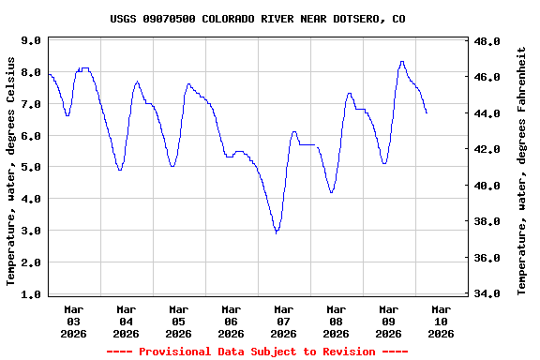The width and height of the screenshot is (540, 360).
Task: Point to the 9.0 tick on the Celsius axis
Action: [x=30, y=41]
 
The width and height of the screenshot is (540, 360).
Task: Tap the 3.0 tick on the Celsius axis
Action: [x=30, y=231]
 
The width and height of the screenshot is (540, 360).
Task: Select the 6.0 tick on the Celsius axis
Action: [x=30, y=136]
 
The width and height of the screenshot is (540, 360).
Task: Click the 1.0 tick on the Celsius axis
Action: [x=30, y=294]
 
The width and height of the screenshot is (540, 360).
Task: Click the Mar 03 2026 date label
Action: [x=74, y=321]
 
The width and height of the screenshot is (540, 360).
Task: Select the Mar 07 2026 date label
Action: [x=283, y=321]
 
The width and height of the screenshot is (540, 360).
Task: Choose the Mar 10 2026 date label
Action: [x=441, y=321]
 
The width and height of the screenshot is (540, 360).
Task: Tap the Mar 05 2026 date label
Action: [x=178, y=321]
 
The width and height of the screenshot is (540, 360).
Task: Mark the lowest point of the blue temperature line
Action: [x=277, y=232]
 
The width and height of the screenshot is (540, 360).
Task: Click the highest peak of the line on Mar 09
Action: [x=402, y=62]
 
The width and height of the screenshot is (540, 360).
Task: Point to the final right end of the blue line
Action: [x=427, y=113]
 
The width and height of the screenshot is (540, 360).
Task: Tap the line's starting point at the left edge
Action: [x=49, y=74]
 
